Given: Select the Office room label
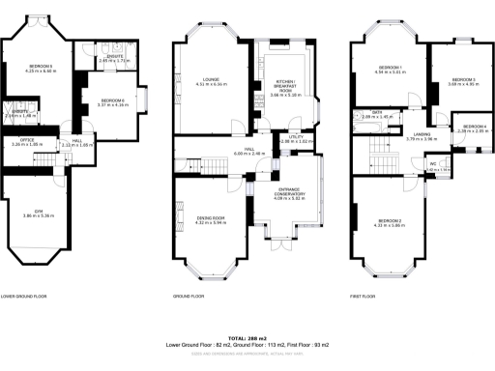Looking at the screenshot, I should [x=20, y=140].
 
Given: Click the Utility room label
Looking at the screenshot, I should [x=295, y=137].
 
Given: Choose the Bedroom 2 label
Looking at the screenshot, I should [x=389, y=221].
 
